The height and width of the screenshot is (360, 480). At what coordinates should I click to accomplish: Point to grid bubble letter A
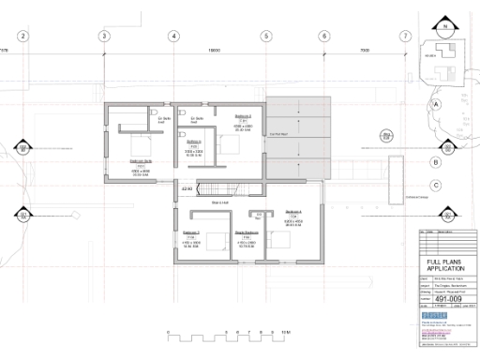pyautogui.click(x=436, y=105)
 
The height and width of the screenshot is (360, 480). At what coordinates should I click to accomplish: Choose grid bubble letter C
pyautogui.click(x=436, y=187)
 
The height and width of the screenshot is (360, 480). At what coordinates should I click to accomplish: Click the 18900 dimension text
pyautogui.click(x=214, y=51)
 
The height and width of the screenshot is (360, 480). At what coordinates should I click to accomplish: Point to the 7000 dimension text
pyautogui.click(x=365, y=51)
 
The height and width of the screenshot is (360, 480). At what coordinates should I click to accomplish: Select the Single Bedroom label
pyautogui.click(x=246, y=232)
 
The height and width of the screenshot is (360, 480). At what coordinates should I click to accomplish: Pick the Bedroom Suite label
pyautogui.click(x=141, y=161)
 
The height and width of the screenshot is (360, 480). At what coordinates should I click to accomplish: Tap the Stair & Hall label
pyautogui.click(x=220, y=201)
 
